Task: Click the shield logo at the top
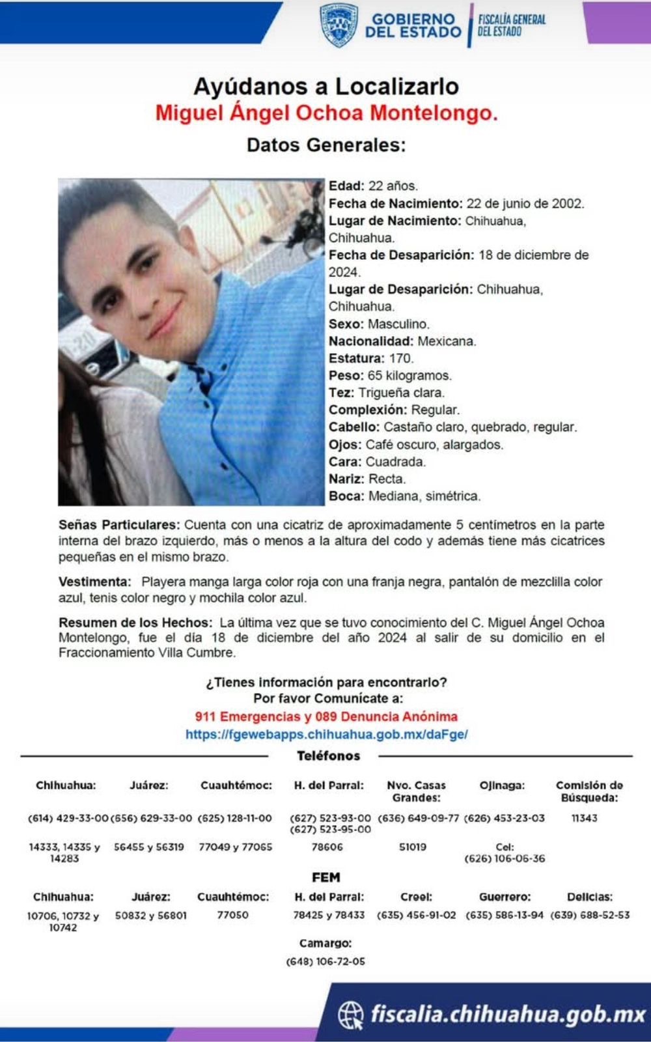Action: (339, 25)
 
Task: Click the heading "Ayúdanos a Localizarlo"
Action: (326, 86)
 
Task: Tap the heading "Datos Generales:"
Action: (326, 145)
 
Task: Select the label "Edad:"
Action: (346, 186)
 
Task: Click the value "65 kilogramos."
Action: (409, 376)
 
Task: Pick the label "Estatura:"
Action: (356, 358)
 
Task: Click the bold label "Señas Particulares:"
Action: (119, 525)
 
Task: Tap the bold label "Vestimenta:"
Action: (95, 582)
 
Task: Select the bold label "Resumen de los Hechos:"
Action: (135, 623)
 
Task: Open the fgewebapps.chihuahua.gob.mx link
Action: (326, 734)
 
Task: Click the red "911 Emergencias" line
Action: (326, 716)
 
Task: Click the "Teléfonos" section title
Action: (328, 756)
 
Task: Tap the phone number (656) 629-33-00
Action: (151, 818)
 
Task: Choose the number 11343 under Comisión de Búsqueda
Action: (584, 818)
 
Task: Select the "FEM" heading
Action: (326, 877)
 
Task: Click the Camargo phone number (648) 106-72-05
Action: (325, 961)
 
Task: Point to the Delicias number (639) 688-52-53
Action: (590, 915)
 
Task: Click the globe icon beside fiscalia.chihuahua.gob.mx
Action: (351, 1015)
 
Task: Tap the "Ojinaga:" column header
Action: (502, 785)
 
